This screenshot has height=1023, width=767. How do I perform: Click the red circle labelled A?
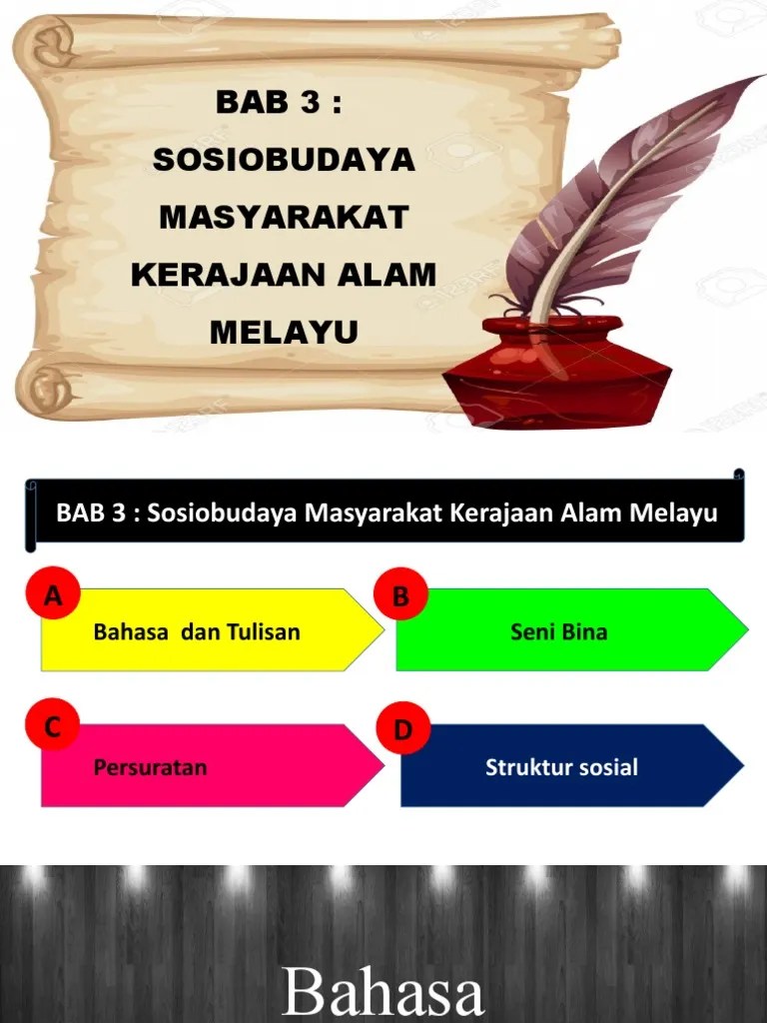pos(53,594)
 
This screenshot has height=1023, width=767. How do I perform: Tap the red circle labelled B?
pos(400,594)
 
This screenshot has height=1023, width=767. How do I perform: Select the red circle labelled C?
pos(53,725)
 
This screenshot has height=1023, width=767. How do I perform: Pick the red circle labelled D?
pos(403,728)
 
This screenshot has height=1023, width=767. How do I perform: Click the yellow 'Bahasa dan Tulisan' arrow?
pos(213,629)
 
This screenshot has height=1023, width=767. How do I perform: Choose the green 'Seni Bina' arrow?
pos(572,629)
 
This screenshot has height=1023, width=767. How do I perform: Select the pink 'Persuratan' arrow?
pos(213,765)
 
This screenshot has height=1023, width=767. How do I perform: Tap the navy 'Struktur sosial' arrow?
pos(572,765)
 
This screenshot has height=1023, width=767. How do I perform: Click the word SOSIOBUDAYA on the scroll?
pos(284,160)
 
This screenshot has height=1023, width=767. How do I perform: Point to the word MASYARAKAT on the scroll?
pos(284,217)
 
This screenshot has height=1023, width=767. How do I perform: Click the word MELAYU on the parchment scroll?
pos(284,332)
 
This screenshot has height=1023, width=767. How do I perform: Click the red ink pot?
pos(557,371)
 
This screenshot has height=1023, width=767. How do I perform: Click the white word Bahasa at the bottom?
pos(383,990)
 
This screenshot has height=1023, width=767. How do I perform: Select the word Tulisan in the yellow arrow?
pos(264,631)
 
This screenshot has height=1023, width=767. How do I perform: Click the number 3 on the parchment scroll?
pos(310,102)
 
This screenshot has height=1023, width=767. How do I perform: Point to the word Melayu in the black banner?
pos(673,513)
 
